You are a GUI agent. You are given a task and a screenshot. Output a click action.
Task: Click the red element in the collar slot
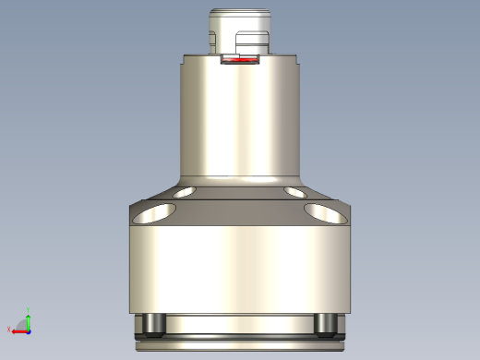tap(242, 64)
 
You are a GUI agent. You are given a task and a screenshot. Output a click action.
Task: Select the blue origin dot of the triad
tap(29, 329)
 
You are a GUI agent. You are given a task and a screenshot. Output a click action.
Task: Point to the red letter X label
tap(8, 330)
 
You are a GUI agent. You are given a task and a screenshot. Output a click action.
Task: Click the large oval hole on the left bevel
tap(153, 214)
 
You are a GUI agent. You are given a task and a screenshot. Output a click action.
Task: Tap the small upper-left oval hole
tap(183, 193)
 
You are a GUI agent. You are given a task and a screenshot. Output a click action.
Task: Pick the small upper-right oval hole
tap(297, 193)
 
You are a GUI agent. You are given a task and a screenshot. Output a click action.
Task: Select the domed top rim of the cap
tap(240, 12)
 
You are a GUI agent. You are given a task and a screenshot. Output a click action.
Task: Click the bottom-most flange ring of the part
tap(240, 347)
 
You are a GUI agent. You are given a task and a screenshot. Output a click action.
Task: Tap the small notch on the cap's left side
tap(212, 39)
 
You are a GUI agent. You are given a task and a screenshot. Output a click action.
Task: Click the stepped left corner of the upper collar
tap(185, 59)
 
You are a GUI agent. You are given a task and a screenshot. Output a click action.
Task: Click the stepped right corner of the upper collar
tap(297, 59)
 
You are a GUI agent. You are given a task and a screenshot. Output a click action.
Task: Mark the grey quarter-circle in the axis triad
tap(24, 325)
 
